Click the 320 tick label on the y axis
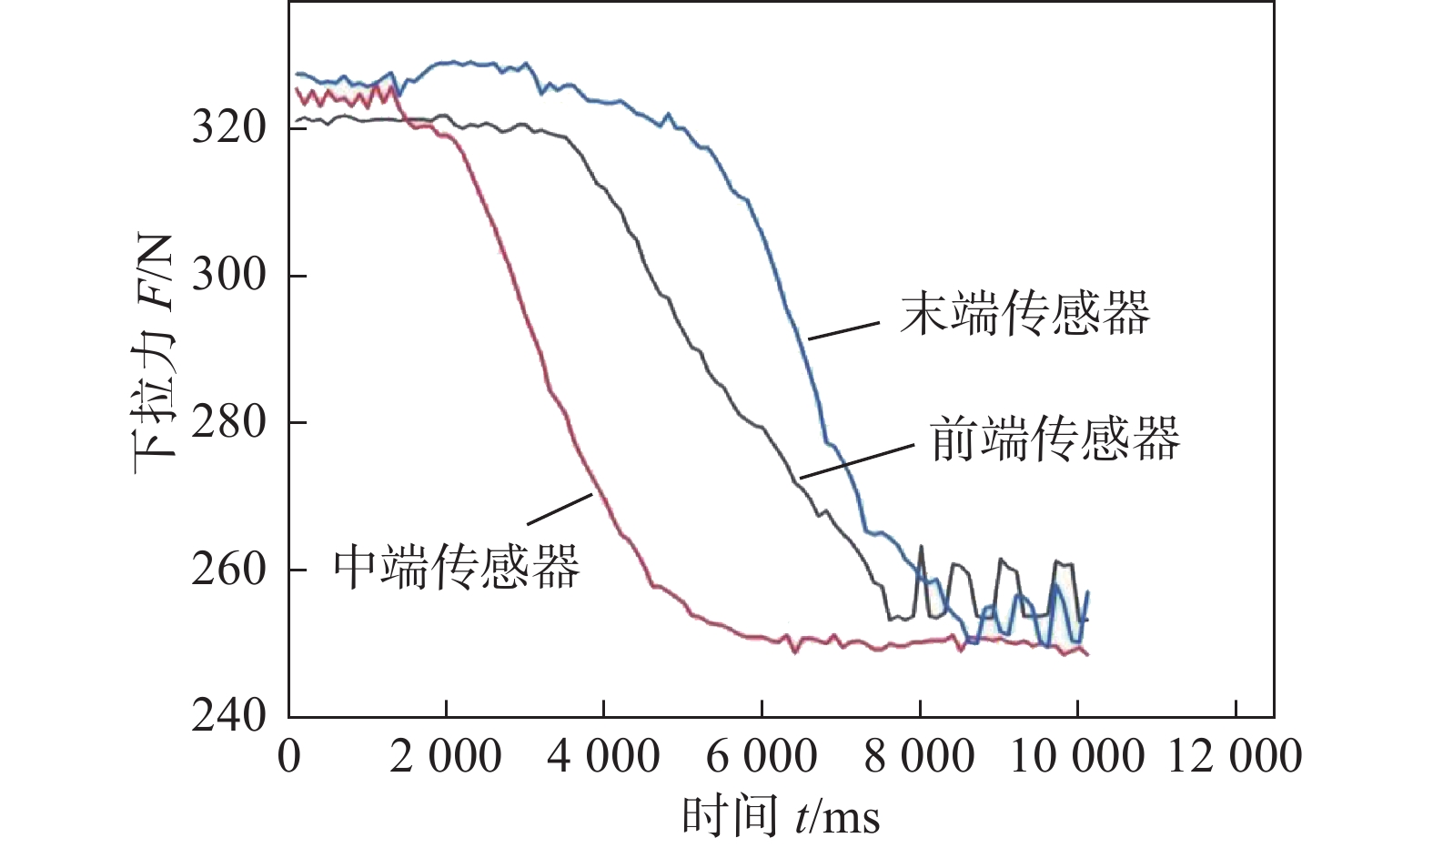(228, 128)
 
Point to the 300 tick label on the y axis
(228, 275)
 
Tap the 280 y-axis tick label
(228, 422)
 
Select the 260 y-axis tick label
(228, 570)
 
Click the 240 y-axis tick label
(228, 716)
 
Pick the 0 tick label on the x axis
(289, 757)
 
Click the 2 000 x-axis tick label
(446, 757)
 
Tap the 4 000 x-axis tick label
(603, 757)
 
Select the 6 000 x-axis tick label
(762, 757)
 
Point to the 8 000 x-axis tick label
(919, 757)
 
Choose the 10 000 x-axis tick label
(1076, 757)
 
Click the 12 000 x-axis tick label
(1235, 757)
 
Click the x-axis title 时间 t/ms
(781, 815)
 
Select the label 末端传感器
(1024, 314)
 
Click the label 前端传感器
(1055, 439)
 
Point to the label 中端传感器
(456, 567)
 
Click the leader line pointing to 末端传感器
(844, 330)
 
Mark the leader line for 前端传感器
(856, 461)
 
